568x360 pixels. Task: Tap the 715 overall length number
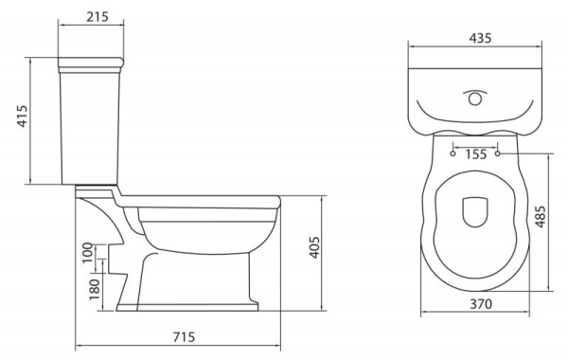point(184,337)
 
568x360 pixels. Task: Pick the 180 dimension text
point(93,288)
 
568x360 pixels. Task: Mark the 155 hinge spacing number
point(476,153)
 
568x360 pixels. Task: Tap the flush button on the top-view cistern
point(475,97)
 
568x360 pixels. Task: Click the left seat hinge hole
point(453,152)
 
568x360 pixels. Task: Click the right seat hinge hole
point(498,152)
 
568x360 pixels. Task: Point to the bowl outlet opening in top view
point(475,212)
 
